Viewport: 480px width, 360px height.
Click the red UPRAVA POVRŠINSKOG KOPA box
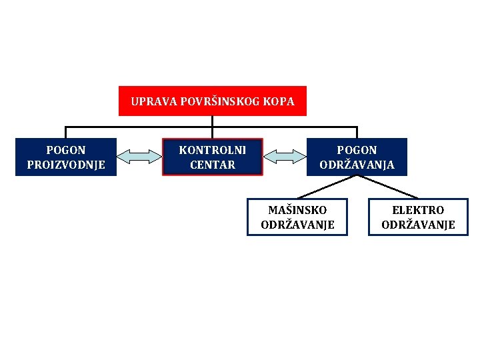coord(212,101)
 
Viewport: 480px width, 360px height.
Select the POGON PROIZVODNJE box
coord(65,157)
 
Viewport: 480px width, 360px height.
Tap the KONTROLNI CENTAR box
coord(212,157)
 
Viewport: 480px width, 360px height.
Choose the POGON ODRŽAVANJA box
coord(357,157)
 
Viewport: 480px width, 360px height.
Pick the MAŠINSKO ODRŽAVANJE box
coord(297,217)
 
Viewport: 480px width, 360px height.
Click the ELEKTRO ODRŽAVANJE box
coord(418,217)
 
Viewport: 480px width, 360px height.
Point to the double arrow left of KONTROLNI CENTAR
coord(139,157)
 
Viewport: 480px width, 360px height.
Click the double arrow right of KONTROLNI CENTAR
coord(285,157)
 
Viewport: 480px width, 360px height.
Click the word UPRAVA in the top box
coord(150,102)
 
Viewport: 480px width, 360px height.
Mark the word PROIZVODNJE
coord(65,165)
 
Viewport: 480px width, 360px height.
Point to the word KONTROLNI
coord(212,151)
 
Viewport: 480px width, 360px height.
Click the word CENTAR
coord(212,165)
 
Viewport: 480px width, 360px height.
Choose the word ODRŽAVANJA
coord(357,165)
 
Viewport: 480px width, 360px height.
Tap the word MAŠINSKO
coord(297,210)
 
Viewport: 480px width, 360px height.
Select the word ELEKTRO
coord(418,210)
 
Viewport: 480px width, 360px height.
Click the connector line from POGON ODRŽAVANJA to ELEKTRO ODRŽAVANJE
coord(387,187)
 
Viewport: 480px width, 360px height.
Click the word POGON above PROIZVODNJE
coord(65,151)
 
